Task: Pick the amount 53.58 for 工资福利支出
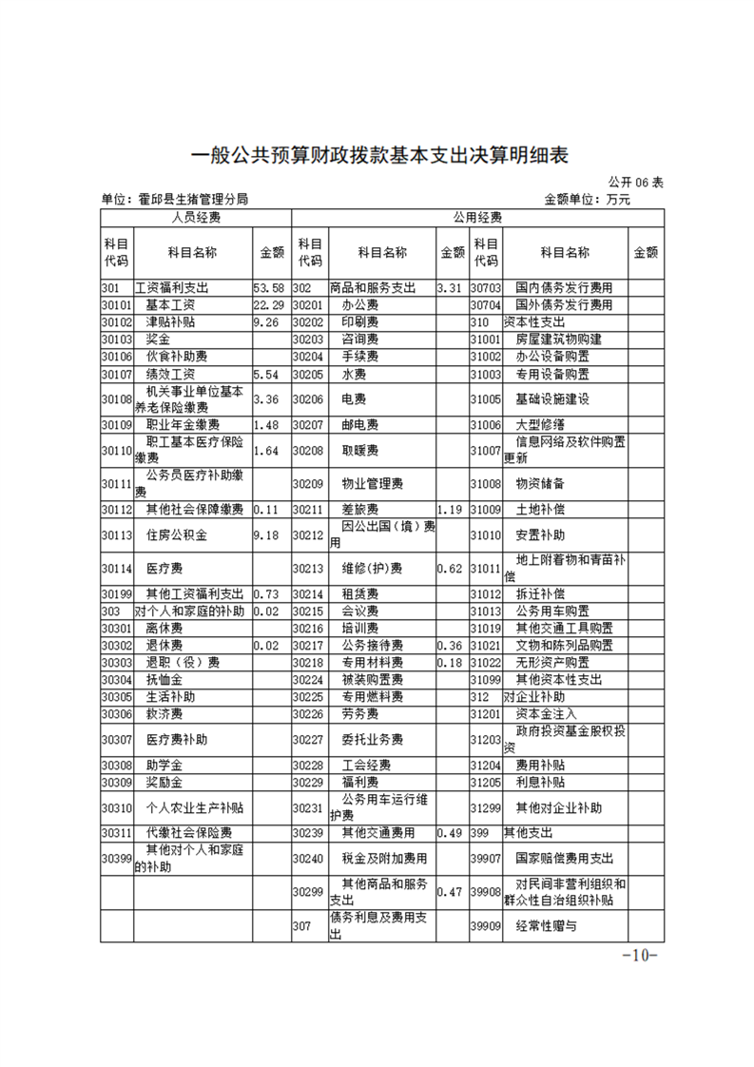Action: click(x=269, y=287)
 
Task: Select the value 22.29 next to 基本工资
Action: click(x=269, y=305)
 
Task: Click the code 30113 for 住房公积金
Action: click(x=116, y=535)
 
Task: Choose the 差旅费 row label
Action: click(x=360, y=510)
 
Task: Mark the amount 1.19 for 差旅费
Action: click(x=451, y=510)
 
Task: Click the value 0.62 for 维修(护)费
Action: click(x=450, y=569)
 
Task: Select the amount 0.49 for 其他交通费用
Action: click(x=450, y=833)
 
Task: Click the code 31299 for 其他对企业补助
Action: click(x=485, y=808)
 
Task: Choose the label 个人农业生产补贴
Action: click(x=195, y=808)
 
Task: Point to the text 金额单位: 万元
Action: click(x=587, y=200)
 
